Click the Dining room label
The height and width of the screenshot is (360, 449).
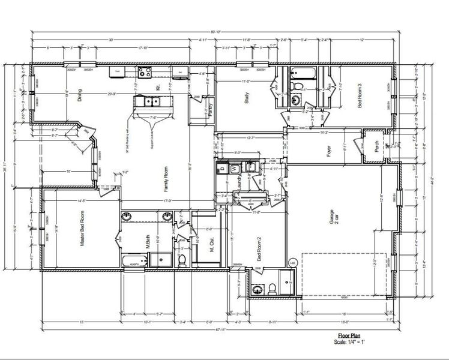click(x=80, y=96)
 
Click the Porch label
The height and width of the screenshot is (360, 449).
click(x=376, y=153)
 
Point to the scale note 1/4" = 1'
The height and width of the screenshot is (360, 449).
click(x=350, y=343)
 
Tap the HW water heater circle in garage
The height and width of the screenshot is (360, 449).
click(x=293, y=263)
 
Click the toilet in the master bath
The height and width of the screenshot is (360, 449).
click(x=181, y=259)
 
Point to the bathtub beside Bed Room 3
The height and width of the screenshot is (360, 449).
click(x=299, y=74)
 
